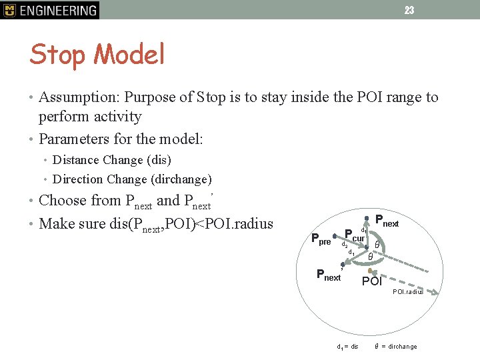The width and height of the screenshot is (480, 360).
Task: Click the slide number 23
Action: click(x=409, y=10)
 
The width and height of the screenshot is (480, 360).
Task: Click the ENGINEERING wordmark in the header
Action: click(x=58, y=10)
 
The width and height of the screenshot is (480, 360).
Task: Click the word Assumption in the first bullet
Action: click(x=77, y=97)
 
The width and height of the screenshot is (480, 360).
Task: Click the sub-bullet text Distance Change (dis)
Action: click(x=111, y=160)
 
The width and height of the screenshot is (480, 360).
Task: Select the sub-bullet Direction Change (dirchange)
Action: click(x=132, y=179)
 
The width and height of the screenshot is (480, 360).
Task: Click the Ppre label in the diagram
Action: click(x=321, y=239)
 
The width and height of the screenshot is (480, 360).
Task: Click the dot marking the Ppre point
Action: click(x=334, y=236)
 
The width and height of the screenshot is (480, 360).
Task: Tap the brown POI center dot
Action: click(x=371, y=271)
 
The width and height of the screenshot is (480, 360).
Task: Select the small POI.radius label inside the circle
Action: click(x=407, y=292)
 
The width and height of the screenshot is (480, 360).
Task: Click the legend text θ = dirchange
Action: click(x=396, y=347)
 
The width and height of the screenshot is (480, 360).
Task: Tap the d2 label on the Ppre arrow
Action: click(x=344, y=245)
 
